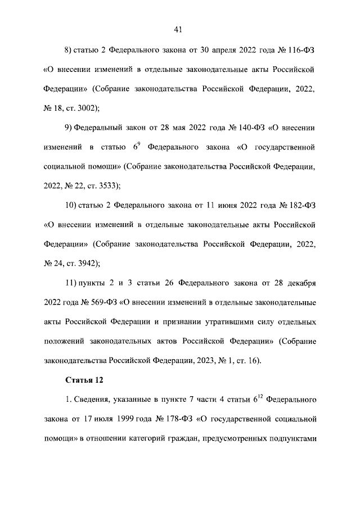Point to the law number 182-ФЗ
pos(300,206)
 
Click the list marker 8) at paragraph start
pos(69,51)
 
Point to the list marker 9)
pos(69,129)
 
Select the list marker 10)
pos(71,206)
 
